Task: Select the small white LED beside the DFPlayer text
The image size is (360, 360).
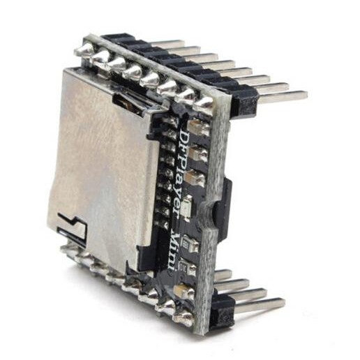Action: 187,208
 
